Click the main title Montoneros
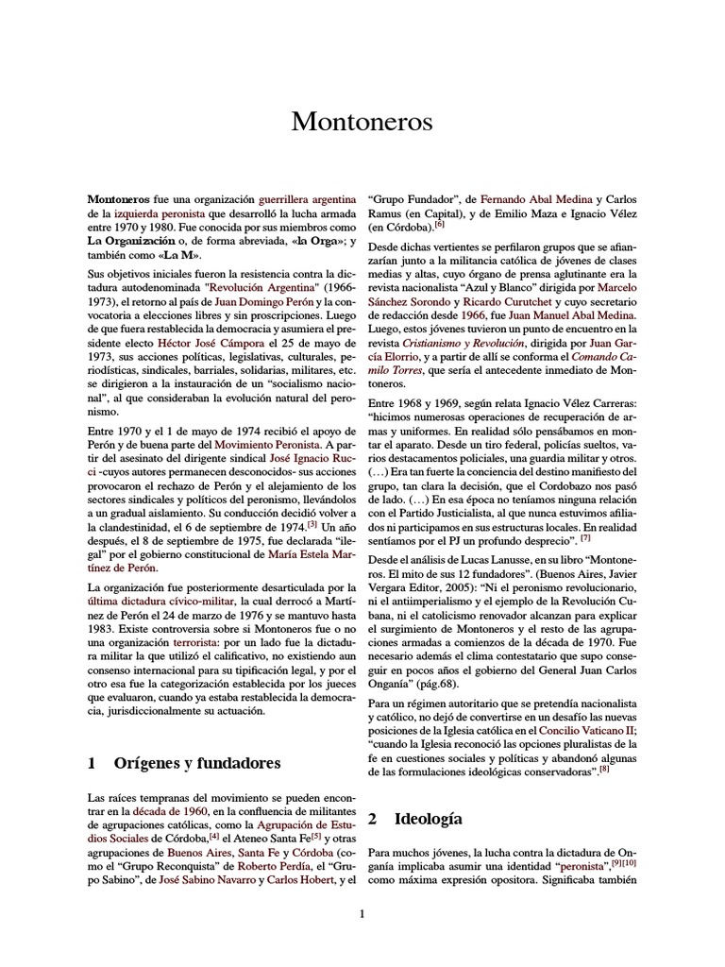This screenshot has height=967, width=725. (362, 122)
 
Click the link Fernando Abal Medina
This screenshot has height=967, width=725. (536, 200)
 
